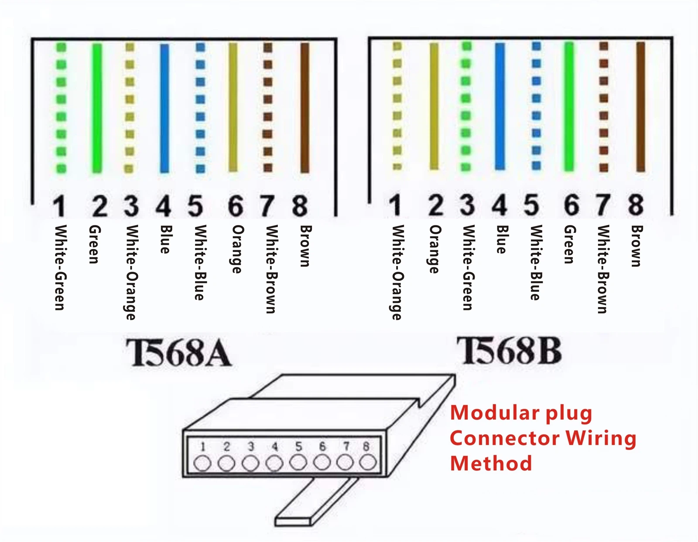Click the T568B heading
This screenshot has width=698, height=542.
click(x=509, y=351)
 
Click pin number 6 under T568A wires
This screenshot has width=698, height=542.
click(x=236, y=206)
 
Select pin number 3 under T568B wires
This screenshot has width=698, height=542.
click(x=467, y=205)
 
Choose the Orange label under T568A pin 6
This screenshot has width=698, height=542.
click(x=237, y=249)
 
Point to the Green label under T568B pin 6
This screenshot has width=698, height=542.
click(x=569, y=244)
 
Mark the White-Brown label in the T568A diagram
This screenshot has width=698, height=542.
click(x=271, y=269)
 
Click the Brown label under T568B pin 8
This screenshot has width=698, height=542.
click(x=636, y=246)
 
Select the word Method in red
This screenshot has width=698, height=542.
click(x=491, y=463)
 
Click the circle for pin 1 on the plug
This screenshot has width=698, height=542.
click(x=202, y=463)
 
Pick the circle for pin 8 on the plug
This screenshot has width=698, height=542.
click(x=368, y=462)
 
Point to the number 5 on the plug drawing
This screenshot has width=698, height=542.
click(x=298, y=447)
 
